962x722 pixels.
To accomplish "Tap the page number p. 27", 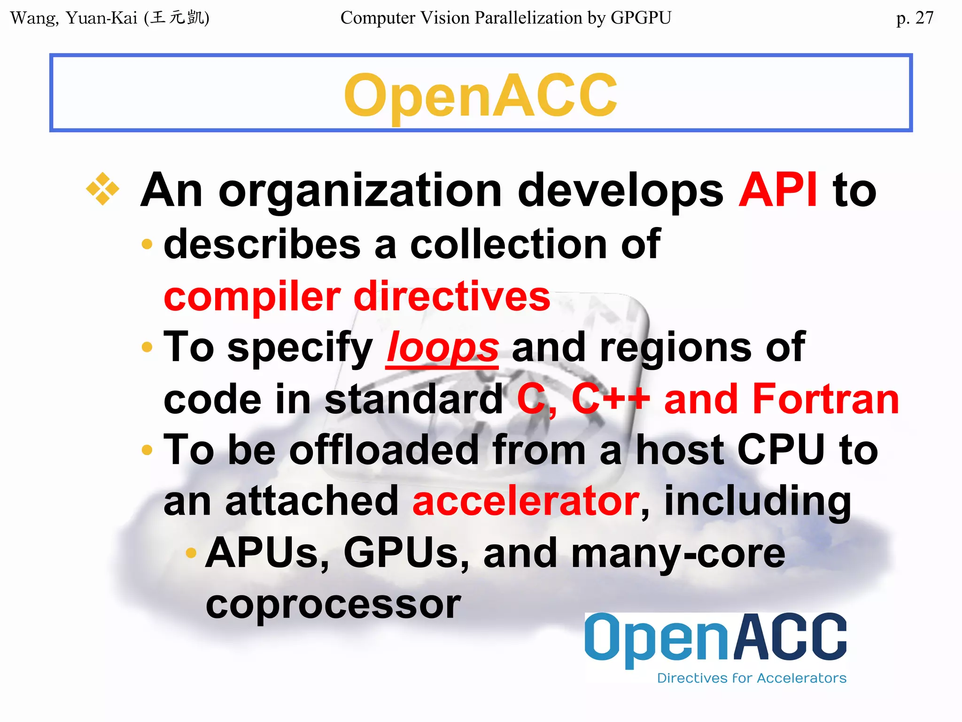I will pyautogui.click(x=914, y=18).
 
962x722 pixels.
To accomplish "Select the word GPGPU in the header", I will pyautogui.click(x=641, y=18).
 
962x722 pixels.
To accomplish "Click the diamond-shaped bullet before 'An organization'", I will pyautogui.click(x=102, y=189).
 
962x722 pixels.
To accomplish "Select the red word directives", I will pyautogui.click(x=451, y=296).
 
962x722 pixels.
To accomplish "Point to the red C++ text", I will pyautogui.click(x=610, y=399).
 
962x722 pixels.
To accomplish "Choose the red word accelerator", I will pyautogui.click(x=526, y=501).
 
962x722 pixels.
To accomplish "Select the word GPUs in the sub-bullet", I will pyautogui.click(x=406, y=553).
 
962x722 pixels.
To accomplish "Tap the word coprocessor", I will pyautogui.click(x=333, y=604).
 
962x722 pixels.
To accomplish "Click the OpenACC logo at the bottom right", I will pyautogui.click(x=715, y=638).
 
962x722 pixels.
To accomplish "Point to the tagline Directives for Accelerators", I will pyautogui.click(x=751, y=678).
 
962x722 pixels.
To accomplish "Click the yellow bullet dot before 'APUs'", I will pyautogui.click(x=191, y=553).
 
